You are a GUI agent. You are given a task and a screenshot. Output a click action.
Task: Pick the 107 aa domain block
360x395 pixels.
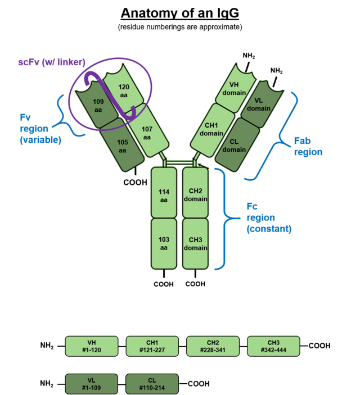[147, 133]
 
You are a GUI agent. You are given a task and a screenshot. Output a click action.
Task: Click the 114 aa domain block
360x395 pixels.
[164, 195]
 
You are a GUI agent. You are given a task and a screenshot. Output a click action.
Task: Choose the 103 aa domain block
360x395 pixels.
[164, 244]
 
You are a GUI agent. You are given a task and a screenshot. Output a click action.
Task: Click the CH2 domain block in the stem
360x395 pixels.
[196, 195]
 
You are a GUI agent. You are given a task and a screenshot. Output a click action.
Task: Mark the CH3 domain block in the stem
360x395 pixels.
[196, 244]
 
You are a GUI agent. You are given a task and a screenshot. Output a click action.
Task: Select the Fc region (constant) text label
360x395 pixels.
[269, 217]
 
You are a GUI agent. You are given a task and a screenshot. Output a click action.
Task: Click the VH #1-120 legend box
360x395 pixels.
[92, 346]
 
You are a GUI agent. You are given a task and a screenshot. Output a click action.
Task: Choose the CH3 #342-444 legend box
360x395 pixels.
[273, 346]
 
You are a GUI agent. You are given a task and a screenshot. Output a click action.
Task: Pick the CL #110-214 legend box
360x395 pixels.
[152, 384]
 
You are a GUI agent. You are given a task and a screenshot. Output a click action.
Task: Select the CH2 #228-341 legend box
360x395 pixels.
[213, 346]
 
